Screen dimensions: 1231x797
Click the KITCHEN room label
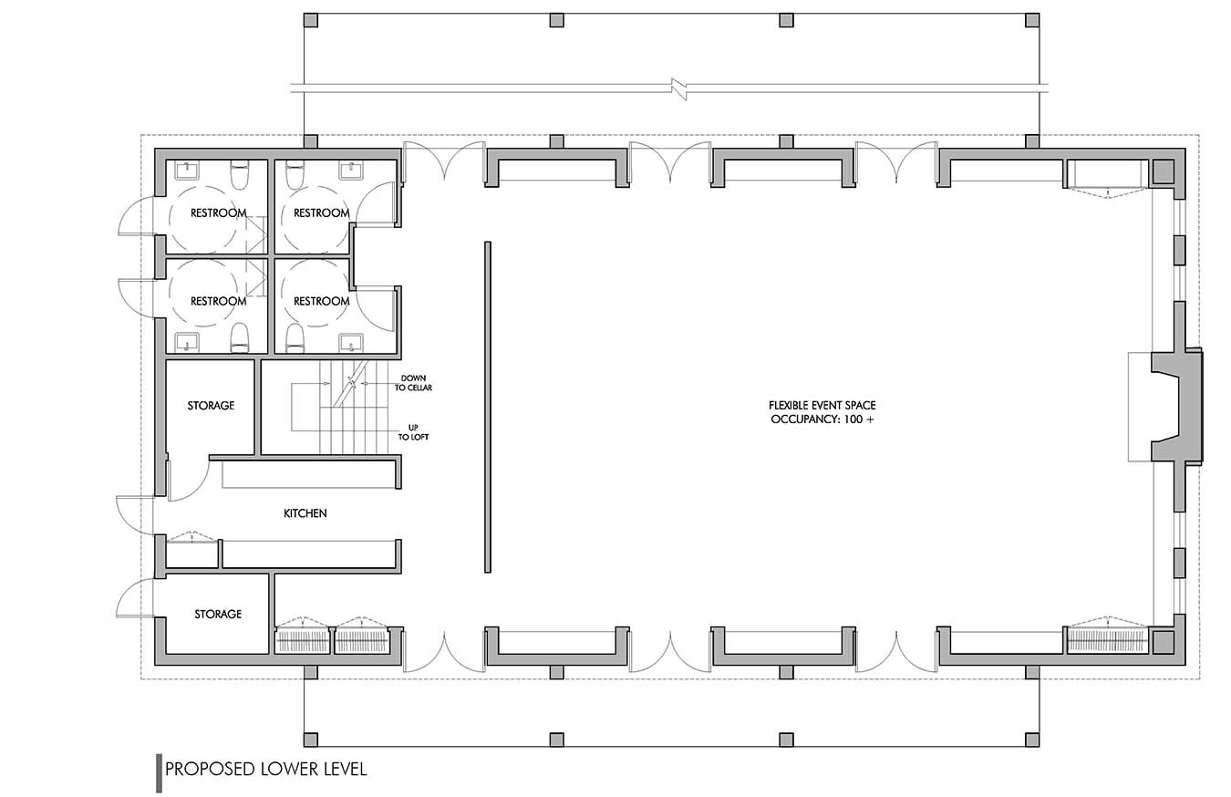[305, 513]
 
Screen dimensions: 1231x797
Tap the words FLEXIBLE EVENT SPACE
[822, 406]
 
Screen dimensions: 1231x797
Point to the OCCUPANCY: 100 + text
[822, 419]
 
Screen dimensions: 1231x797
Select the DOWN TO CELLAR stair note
[413, 383]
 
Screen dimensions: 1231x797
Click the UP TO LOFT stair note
[413, 432]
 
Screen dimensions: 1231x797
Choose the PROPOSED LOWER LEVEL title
[266, 769]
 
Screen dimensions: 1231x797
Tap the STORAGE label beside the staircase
[211, 406]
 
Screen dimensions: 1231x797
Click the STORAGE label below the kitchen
[218, 614]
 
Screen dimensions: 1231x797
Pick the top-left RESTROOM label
[218, 212]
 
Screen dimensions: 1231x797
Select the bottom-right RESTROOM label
[322, 301]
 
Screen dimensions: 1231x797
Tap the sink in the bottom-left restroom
[186, 342]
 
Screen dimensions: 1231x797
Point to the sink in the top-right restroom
[351, 171]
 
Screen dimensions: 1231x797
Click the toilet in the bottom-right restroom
[295, 337]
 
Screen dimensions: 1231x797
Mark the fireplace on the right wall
[1176, 407]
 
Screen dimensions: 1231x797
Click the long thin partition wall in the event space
[488, 407]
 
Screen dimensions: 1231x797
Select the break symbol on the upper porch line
[679, 89]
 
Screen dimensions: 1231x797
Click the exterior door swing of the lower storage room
[136, 599]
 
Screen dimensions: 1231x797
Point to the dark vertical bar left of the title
[160, 773]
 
